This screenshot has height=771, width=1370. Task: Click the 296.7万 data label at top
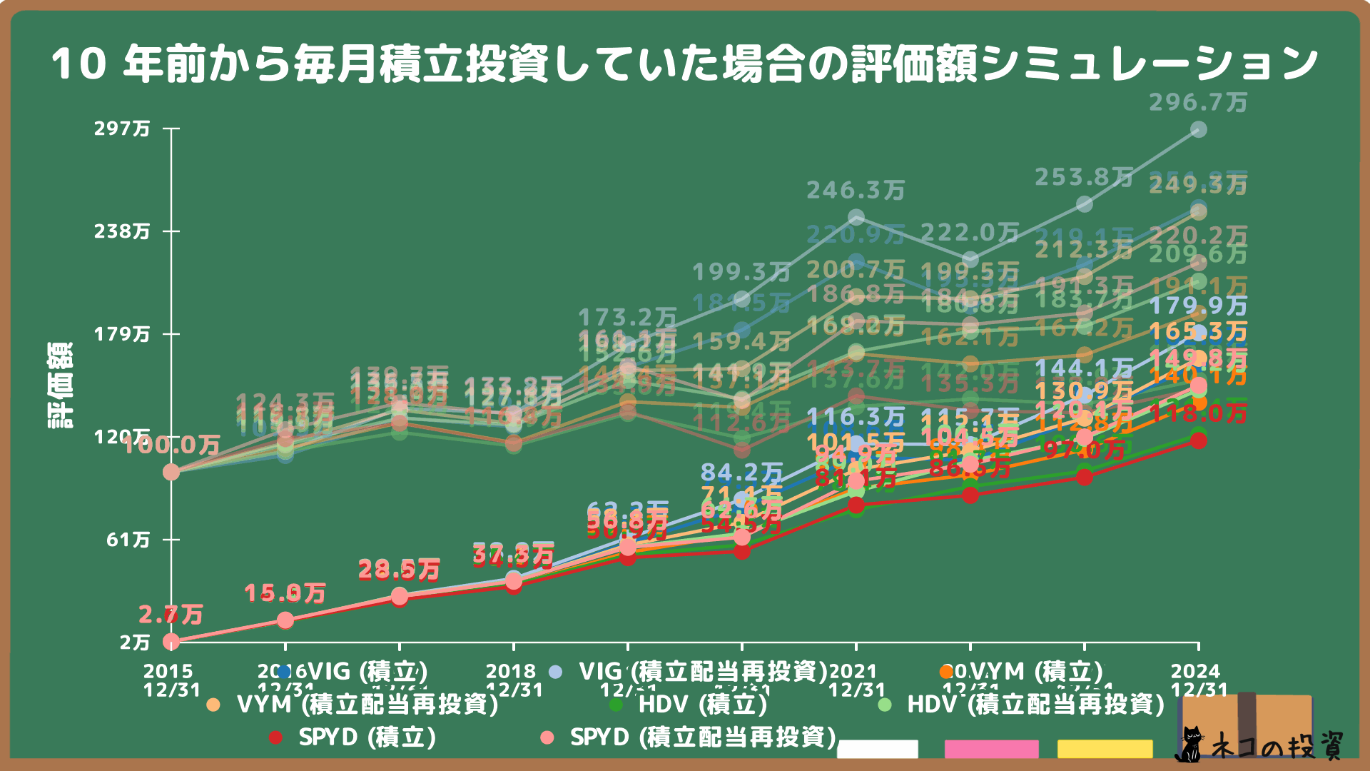pos(1198,103)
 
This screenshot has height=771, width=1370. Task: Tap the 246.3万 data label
pos(856,191)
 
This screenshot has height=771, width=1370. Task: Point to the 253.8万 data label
pos(1084,177)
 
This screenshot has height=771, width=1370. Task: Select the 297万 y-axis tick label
pos(122,128)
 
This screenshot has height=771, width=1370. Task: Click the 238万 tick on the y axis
pos(122,231)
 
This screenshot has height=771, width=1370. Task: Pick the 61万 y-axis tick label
pos(128,540)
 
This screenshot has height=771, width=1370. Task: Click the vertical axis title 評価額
pos(60,385)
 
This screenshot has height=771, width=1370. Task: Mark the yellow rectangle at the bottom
pos(1105,749)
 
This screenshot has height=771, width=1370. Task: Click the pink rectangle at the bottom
pos(991,749)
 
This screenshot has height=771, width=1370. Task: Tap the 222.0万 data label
pos(970,233)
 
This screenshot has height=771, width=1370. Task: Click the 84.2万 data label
pos(742,473)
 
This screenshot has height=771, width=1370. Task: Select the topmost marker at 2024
pos(1199,129)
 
